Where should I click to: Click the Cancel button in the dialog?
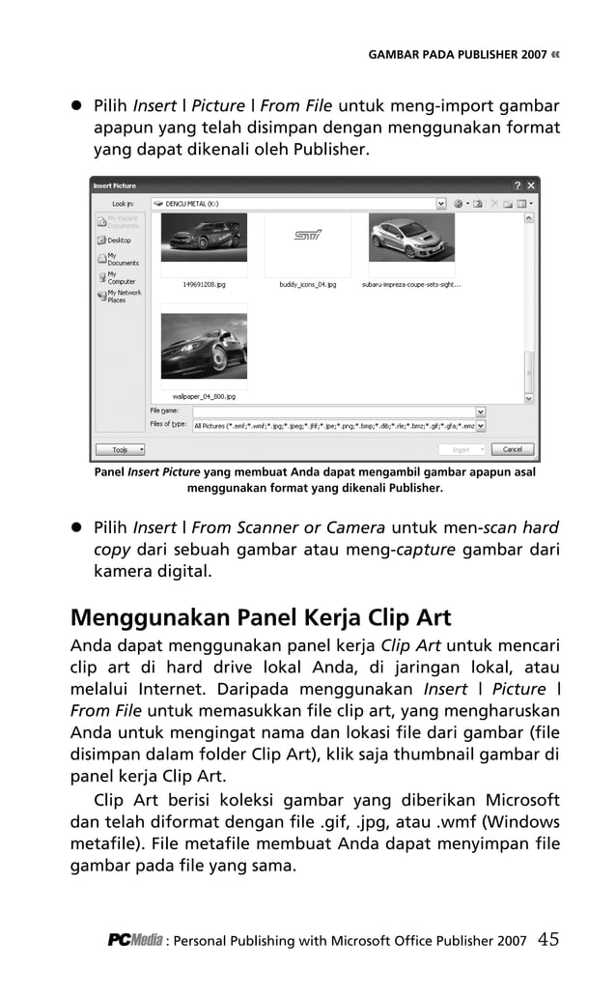pyautogui.click(x=512, y=449)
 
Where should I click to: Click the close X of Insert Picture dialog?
pyautogui.click(x=531, y=185)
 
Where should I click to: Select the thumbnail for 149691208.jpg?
pyautogui.click(x=204, y=238)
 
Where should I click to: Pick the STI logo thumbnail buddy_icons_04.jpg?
pyautogui.click(x=307, y=238)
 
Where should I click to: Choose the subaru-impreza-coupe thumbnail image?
pyautogui.click(x=410, y=238)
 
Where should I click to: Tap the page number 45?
pyautogui.click(x=548, y=937)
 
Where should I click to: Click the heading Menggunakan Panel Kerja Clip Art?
pyautogui.click(x=262, y=616)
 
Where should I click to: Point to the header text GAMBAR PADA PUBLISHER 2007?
pyautogui.click(x=457, y=55)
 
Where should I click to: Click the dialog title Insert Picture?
pyautogui.click(x=115, y=185)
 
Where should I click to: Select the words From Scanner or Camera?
pyautogui.click(x=289, y=527)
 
